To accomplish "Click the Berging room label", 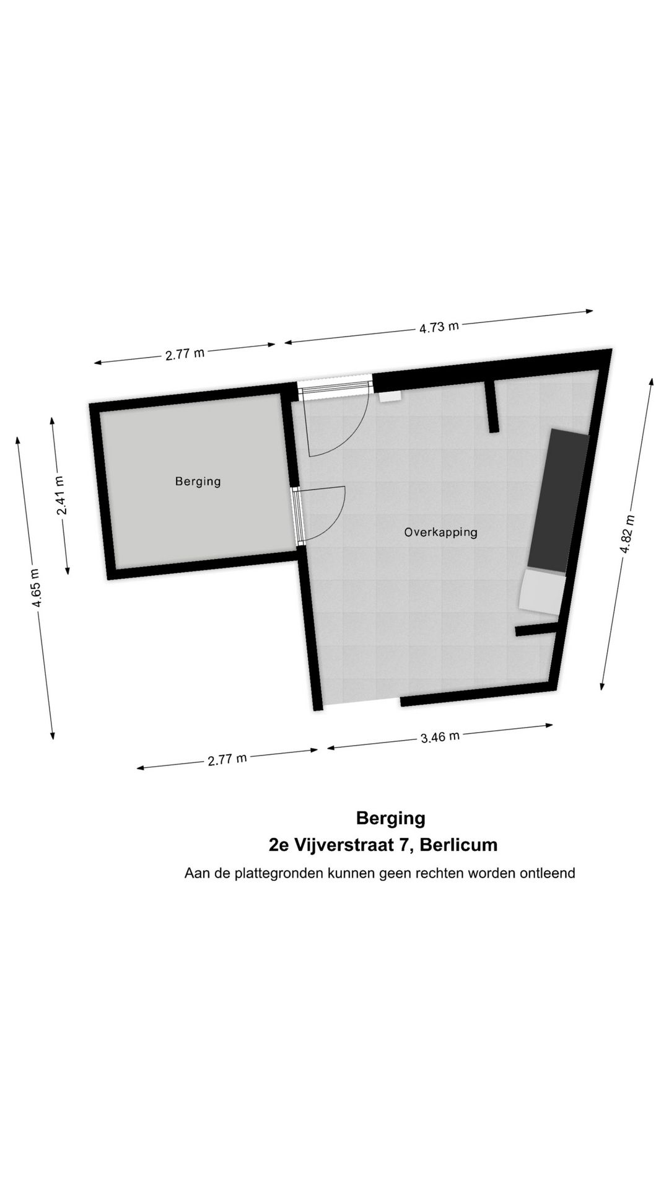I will click(198, 481).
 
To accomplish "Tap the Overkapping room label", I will click(440, 532).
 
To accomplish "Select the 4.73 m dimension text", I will click(439, 327).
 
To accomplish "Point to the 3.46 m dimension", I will click(440, 737).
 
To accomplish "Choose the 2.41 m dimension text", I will click(60, 495).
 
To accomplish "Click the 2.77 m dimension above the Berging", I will click(185, 354).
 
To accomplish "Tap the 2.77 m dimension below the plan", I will click(227, 759).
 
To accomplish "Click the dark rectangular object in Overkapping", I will click(557, 501).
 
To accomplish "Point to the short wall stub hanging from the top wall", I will click(492, 407).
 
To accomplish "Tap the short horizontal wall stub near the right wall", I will click(536, 631).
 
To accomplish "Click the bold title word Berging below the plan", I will click(390, 818).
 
